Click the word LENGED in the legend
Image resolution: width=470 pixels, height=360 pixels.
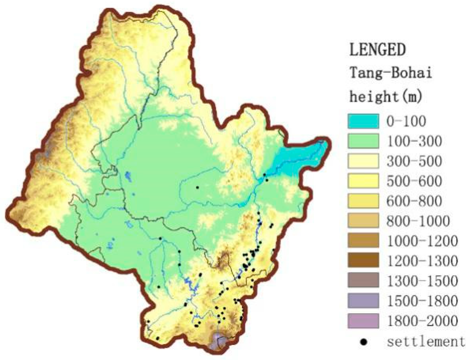(x=377, y=50)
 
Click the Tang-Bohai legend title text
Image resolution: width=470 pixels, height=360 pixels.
(x=391, y=73)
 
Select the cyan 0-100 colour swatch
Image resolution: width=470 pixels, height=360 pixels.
(x=363, y=121)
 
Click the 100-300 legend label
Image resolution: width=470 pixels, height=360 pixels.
(x=414, y=141)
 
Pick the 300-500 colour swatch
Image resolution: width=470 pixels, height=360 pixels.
(x=363, y=161)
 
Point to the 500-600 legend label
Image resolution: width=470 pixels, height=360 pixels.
(x=414, y=181)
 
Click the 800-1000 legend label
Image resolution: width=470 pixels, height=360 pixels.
(x=418, y=221)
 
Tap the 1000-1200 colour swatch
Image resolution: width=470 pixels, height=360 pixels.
(x=363, y=240)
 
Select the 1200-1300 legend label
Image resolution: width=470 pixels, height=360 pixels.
(x=422, y=261)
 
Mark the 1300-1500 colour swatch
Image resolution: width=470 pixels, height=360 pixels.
(x=363, y=281)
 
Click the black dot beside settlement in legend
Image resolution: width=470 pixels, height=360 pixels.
(x=364, y=342)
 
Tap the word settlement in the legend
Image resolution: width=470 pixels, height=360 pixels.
(x=426, y=342)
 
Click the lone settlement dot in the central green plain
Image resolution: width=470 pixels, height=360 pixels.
(x=197, y=187)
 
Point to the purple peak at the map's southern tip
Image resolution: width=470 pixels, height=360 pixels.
(x=218, y=342)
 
